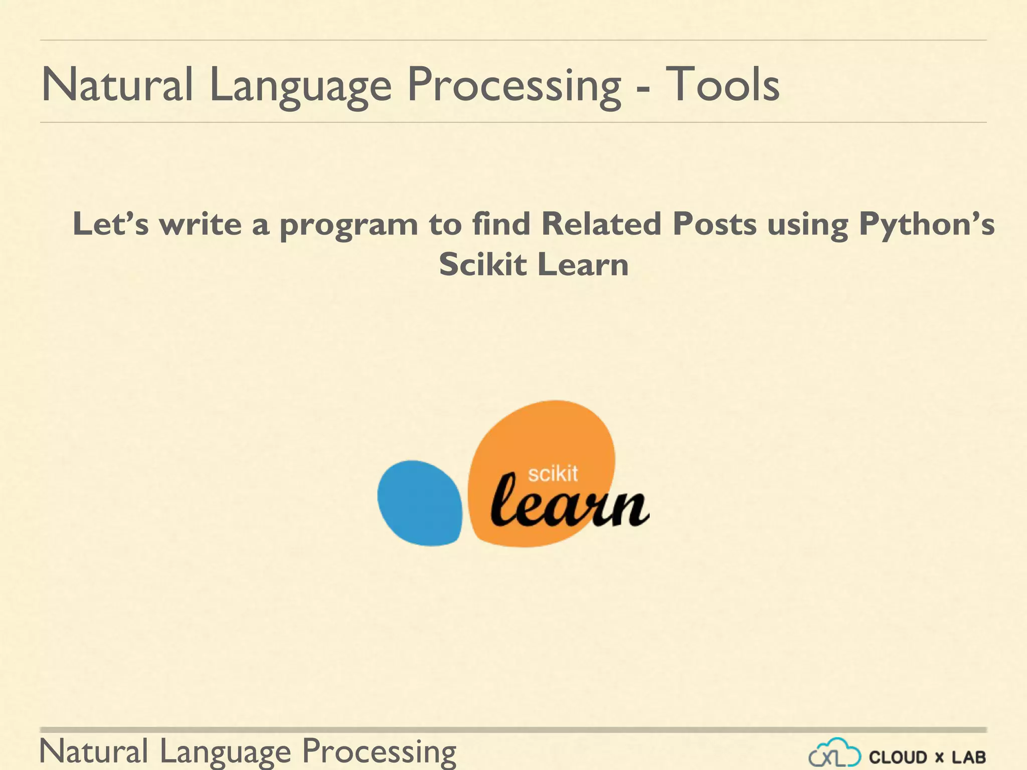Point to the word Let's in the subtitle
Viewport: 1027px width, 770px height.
pyautogui.click(x=111, y=224)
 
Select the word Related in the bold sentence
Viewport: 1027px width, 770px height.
pyautogui.click(x=601, y=224)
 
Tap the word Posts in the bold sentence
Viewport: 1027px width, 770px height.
pyautogui.click(x=715, y=224)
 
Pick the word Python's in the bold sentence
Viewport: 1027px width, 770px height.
pyautogui.click(x=927, y=225)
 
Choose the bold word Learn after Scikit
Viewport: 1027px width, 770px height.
pyautogui.click(x=583, y=264)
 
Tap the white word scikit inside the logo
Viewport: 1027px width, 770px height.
pyautogui.click(x=553, y=473)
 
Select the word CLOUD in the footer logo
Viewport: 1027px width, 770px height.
pyautogui.click(x=898, y=757)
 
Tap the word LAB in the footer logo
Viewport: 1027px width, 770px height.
pyautogui.click(x=969, y=757)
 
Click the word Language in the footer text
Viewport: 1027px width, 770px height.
pyautogui.click(x=225, y=752)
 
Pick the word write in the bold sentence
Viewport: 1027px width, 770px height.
pyautogui.click(x=201, y=224)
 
